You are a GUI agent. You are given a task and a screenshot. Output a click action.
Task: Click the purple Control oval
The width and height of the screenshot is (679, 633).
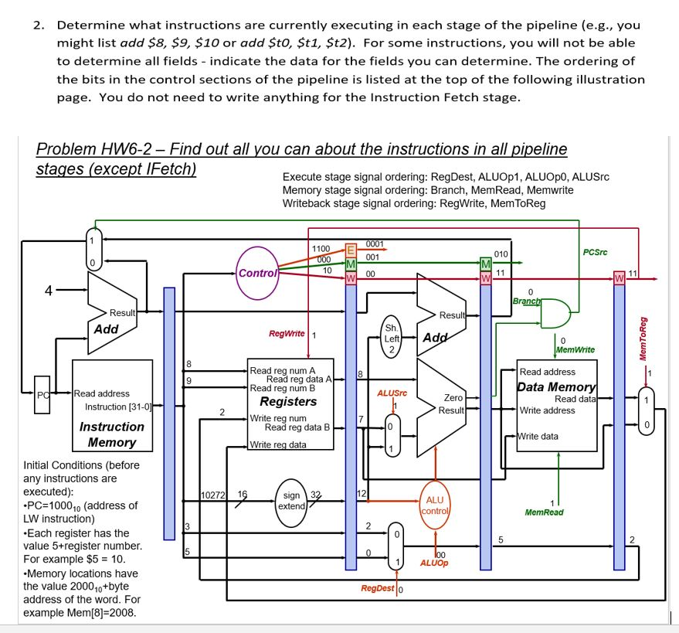256,273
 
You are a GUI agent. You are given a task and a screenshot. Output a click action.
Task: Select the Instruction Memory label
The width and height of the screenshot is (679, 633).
112,434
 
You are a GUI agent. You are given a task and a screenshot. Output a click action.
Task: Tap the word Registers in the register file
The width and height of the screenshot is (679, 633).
288,401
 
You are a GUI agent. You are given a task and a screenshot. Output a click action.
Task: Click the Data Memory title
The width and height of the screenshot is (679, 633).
556,386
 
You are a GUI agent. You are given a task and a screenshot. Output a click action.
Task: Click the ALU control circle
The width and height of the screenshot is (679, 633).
435,505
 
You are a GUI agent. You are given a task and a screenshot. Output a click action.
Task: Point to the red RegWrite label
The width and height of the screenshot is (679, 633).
287,334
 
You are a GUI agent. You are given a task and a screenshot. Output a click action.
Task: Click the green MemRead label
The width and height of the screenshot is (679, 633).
544,512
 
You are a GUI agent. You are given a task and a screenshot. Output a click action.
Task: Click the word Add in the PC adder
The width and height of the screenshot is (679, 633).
106,329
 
